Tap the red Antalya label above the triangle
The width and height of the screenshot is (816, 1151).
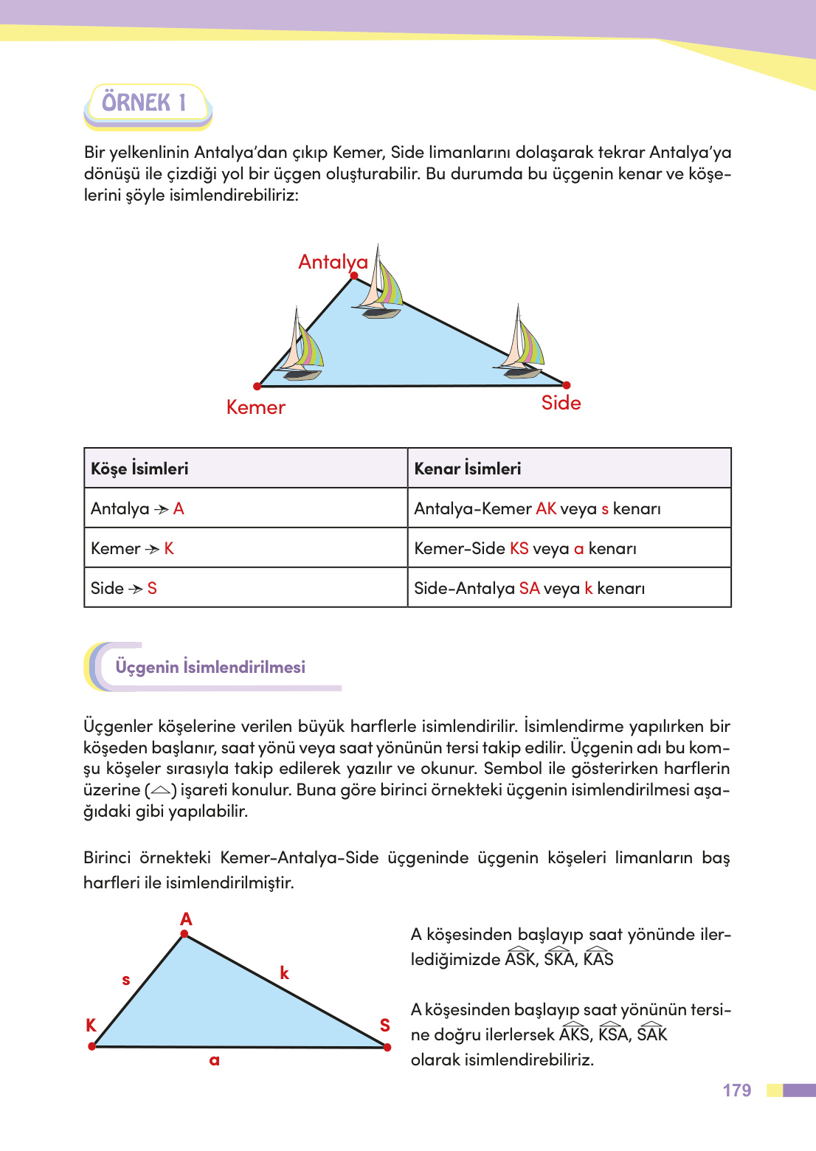click(332, 262)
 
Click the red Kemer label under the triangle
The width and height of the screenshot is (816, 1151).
click(255, 407)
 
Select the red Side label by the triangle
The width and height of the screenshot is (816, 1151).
click(561, 403)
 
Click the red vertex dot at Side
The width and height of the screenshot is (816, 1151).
click(567, 385)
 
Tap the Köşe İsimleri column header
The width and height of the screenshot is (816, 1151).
click(140, 469)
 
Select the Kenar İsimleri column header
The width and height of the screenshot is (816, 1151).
click(468, 469)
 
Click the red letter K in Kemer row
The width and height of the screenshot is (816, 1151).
click(169, 548)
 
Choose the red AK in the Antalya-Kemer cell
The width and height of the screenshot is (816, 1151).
click(546, 508)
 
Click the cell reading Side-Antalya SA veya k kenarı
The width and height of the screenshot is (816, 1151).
click(530, 588)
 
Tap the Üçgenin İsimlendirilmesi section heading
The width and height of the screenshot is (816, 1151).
click(210, 667)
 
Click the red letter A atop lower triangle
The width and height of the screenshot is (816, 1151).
click(186, 919)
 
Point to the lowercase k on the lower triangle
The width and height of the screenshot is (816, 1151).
click(285, 973)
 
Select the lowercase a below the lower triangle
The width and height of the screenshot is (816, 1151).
click(215, 1060)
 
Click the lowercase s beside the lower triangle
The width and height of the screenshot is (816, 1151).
click(126, 980)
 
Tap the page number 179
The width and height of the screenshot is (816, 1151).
click(736, 1090)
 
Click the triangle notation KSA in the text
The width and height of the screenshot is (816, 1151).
click(612, 1033)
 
